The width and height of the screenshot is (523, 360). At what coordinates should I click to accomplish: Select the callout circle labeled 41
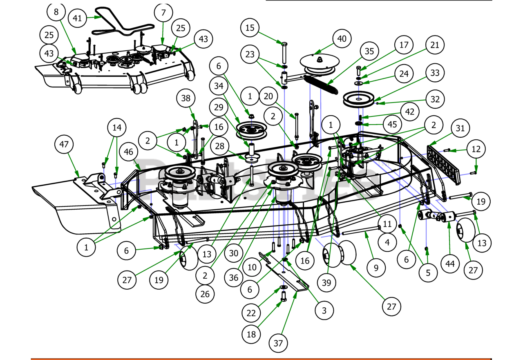pyautogui.click(x=78, y=18)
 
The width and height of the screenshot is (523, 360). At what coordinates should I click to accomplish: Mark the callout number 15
pyautogui.click(x=250, y=29)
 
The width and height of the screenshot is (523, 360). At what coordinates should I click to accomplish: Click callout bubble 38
pyautogui.click(x=186, y=98)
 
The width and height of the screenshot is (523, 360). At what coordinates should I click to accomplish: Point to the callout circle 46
pyautogui.click(x=129, y=152)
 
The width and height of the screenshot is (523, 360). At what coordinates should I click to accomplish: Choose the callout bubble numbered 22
pyautogui.click(x=251, y=313)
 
